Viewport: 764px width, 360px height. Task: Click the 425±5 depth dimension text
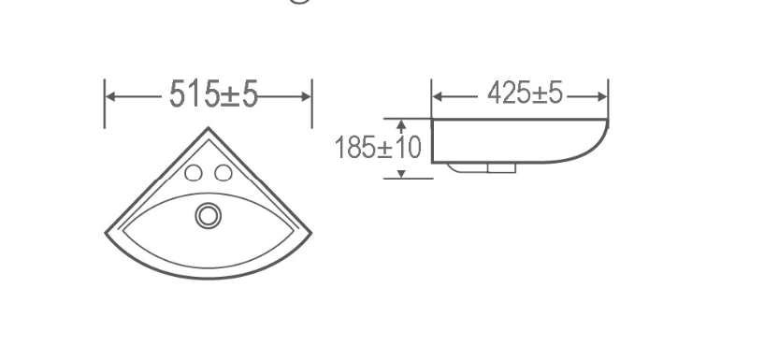pos(525,94)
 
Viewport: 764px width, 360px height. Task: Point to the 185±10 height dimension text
pos(378,147)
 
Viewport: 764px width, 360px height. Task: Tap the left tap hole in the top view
pos(194,172)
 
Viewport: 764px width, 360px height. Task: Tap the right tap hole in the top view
pos(223,172)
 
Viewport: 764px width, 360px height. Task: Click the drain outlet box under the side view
pos(503,169)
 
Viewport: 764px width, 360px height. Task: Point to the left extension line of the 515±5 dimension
pos(104,103)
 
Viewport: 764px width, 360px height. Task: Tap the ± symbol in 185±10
pos(385,148)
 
